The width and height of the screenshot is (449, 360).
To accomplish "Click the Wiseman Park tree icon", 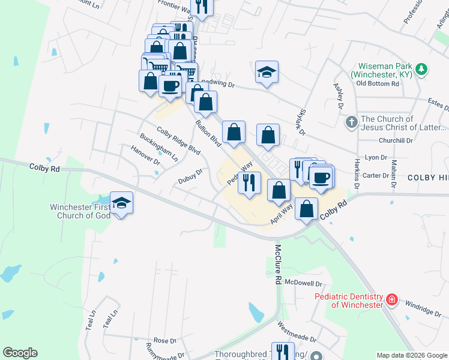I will pyautogui.click(x=422, y=70).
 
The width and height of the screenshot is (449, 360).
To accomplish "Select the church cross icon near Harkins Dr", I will pyautogui.click(x=352, y=123).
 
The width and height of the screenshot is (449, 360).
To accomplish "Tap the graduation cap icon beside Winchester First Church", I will pyautogui.click(x=121, y=203).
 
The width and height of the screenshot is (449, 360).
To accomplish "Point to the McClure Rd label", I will pyautogui.click(x=278, y=265).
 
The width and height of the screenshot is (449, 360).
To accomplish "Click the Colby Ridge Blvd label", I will pyautogui.click(x=178, y=141).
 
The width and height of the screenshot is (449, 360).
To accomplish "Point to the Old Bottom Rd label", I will pyautogui.click(x=378, y=83).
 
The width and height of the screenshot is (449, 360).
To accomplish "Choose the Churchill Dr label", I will pyautogui.click(x=397, y=140).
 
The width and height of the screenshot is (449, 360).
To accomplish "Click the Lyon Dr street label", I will pyautogui.click(x=376, y=157).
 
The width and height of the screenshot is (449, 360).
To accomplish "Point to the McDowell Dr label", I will pyautogui.click(x=304, y=283).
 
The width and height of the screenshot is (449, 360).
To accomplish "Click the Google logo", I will pyautogui.click(x=20, y=353).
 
